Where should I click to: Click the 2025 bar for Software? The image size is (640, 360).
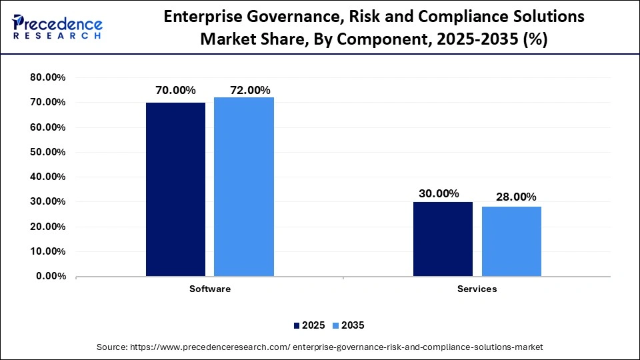point(175,189)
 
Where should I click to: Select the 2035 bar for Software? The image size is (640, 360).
point(244,187)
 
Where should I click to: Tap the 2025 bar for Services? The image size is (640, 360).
point(443,239)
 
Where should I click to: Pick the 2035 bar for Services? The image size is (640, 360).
point(511,241)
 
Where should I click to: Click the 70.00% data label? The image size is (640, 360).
point(175,91)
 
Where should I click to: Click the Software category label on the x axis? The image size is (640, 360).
point(210,289)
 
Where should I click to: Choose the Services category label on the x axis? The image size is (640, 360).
point(477,289)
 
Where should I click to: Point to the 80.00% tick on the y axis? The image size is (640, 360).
point(47,77)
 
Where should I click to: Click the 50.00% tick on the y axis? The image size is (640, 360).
point(47,152)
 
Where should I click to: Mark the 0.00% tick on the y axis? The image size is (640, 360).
point(50,276)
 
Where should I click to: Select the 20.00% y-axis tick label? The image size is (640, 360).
point(47,227)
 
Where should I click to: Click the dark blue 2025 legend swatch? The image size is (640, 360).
point(297,325)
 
